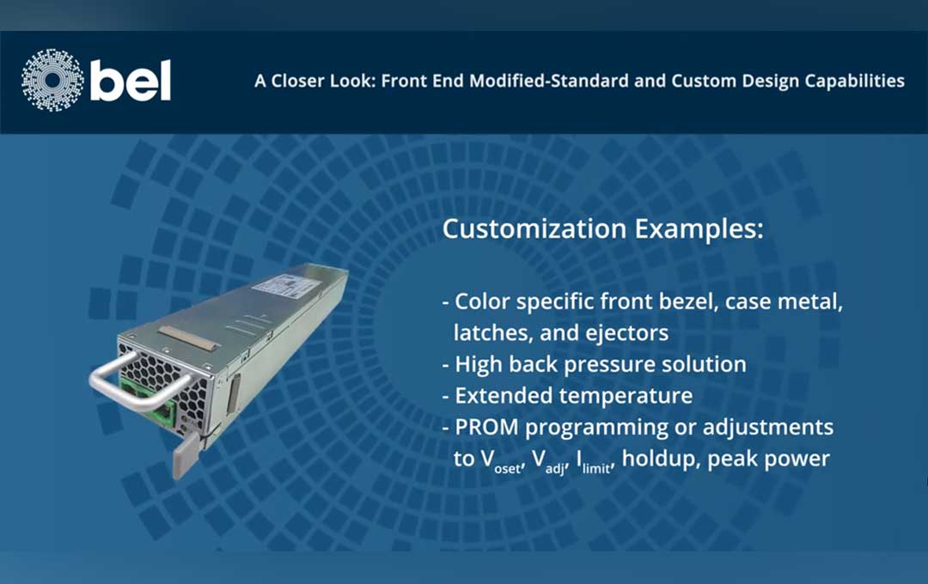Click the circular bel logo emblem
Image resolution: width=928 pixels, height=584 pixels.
click(x=52, y=81)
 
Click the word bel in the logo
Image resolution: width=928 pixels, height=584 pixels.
click(x=131, y=81)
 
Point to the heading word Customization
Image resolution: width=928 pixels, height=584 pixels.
click(x=534, y=231)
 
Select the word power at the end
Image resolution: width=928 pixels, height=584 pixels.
click(x=798, y=459)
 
